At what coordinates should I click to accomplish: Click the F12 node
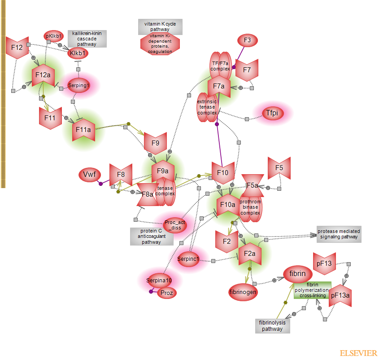click(x=17, y=48)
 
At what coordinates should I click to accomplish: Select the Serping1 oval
click(x=79, y=85)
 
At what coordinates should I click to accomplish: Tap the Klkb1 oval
click(x=78, y=54)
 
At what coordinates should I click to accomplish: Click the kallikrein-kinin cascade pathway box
click(x=87, y=39)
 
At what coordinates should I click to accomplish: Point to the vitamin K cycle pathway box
click(x=160, y=26)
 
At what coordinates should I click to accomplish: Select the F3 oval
click(x=247, y=40)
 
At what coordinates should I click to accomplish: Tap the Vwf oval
click(x=89, y=175)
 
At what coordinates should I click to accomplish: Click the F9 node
click(x=155, y=143)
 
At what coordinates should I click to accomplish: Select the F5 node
click(x=279, y=168)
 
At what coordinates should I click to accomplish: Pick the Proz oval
click(x=167, y=293)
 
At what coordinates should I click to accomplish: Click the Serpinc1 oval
click(x=188, y=259)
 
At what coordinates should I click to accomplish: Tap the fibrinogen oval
click(x=243, y=292)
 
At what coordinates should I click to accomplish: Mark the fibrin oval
click(x=297, y=274)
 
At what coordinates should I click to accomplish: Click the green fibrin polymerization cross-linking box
click(x=313, y=290)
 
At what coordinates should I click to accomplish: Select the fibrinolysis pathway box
click(x=273, y=326)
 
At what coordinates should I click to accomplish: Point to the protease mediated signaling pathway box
click(x=338, y=234)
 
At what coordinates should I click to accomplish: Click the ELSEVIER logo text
click(x=358, y=353)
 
